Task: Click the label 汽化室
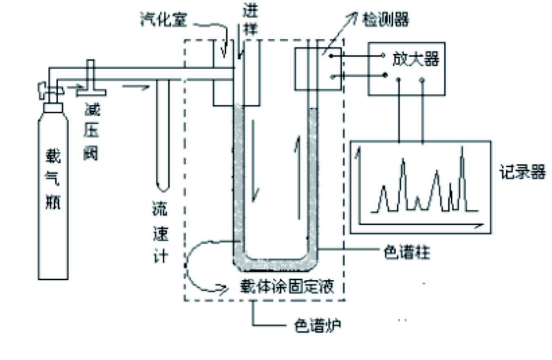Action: (x=163, y=20)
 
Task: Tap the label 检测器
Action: (x=385, y=19)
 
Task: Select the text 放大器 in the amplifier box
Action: (x=415, y=60)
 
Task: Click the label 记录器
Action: (x=522, y=173)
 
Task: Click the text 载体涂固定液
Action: (x=287, y=287)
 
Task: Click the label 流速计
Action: (x=160, y=233)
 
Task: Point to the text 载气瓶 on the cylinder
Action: (x=53, y=179)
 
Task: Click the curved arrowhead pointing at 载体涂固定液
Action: (x=223, y=289)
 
